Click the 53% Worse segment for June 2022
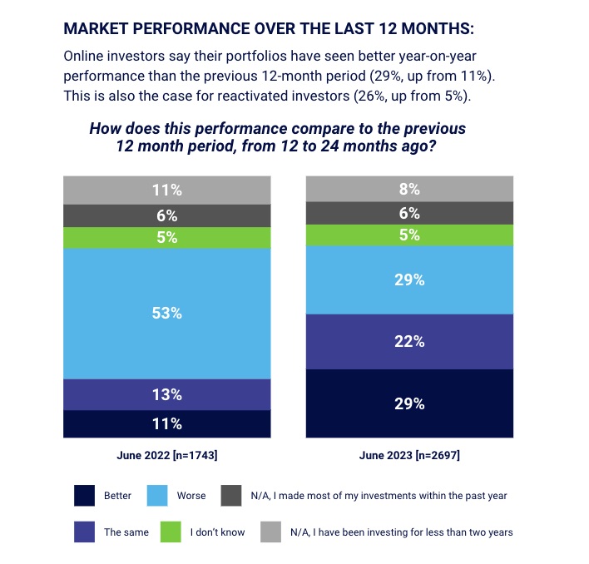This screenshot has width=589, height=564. point(167,314)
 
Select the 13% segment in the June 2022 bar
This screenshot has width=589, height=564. point(167,394)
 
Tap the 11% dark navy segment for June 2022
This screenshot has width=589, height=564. point(167,423)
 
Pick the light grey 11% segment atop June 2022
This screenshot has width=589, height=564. point(167,190)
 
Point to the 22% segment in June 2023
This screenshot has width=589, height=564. point(410,341)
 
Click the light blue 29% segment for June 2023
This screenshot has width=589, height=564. point(410,280)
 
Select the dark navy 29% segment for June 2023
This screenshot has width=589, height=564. point(410,403)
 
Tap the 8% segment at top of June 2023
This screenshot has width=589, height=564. point(410,189)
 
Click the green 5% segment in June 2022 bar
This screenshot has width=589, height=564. point(167,238)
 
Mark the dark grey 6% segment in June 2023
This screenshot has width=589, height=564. point(410,213)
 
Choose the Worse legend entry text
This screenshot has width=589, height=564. point(191,496)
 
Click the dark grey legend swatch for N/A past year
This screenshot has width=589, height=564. point(230,496)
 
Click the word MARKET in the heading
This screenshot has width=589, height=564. point(97,28)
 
